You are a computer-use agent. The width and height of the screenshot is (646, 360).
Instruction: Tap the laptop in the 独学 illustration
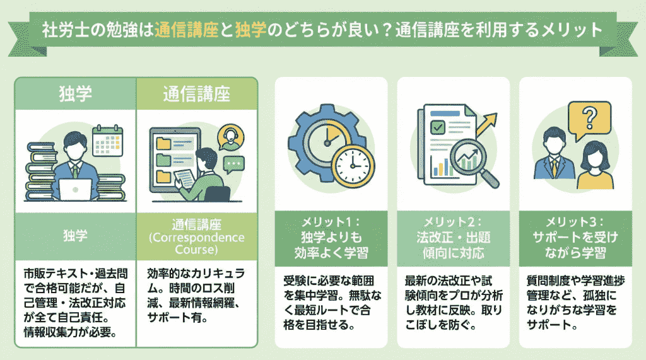pyautogui.click(x=74, y=188)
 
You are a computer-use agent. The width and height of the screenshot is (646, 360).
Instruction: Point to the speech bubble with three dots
pyautogui.click(x=234, y=165)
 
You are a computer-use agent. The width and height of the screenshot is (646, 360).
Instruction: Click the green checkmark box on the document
pyautogui.click(x=435, y=129)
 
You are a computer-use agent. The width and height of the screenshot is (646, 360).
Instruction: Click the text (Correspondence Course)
pyautogui.click(x=196, y=243)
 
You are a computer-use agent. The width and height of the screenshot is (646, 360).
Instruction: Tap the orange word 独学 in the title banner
pyautogui.click(x=250, y=30)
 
